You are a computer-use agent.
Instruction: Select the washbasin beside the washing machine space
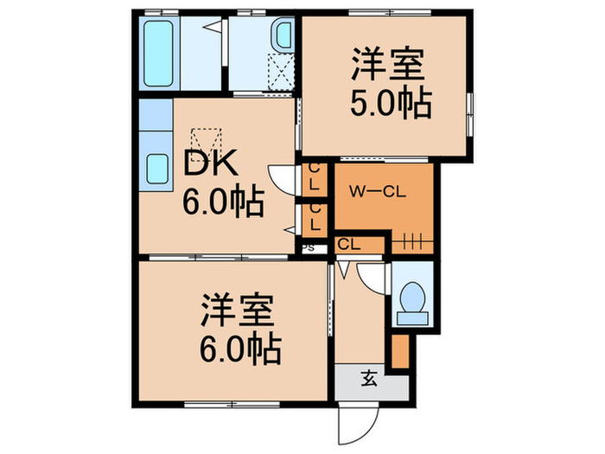(283, 36)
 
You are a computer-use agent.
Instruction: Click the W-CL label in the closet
(372, 190)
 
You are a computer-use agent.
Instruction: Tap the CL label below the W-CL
(348, 245)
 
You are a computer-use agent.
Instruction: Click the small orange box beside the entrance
(398, 348)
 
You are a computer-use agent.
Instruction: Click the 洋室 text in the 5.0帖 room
(385, 65)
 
